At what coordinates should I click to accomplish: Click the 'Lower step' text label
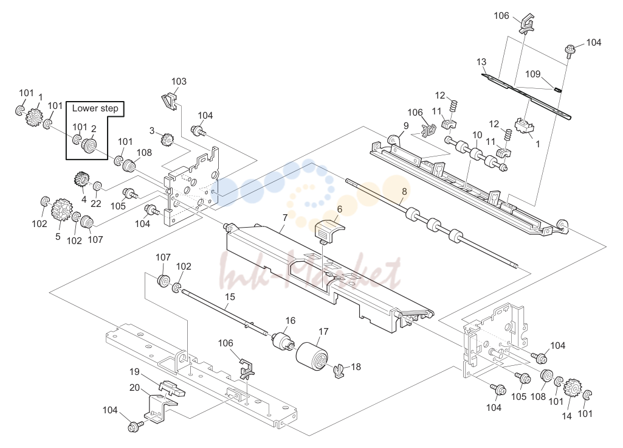(x=95, y=108)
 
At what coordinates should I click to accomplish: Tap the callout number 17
(x=323, y=331)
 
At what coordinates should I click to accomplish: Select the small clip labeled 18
(x=338, y=371)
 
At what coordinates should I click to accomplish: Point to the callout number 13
(x=481, y=62)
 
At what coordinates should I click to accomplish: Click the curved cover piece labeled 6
(x=329, y=231)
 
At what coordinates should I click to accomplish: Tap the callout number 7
(x=285, y=218)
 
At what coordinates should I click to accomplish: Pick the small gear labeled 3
(x=168, y=139)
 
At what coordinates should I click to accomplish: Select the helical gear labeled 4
(x=82, y=180)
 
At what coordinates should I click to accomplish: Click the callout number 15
(x=230, y=297)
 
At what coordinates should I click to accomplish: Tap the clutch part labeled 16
(x=283, y=340)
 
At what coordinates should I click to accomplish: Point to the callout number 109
(x=533, y=74)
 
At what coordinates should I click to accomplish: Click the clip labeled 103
(x=170, y=102)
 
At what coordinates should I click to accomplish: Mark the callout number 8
(x=404, y=191)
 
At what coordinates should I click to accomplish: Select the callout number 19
(x=134, y=372)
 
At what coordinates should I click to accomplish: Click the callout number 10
(x=477, y=135)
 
